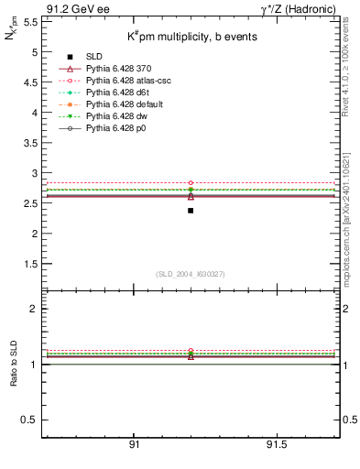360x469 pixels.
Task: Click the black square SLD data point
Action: (x=191, y=211)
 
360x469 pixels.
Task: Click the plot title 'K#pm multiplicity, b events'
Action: (x=179, y=36)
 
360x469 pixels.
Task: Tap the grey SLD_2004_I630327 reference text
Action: (x=191, y=274)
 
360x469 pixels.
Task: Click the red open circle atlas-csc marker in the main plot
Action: (x=191, y=183)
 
